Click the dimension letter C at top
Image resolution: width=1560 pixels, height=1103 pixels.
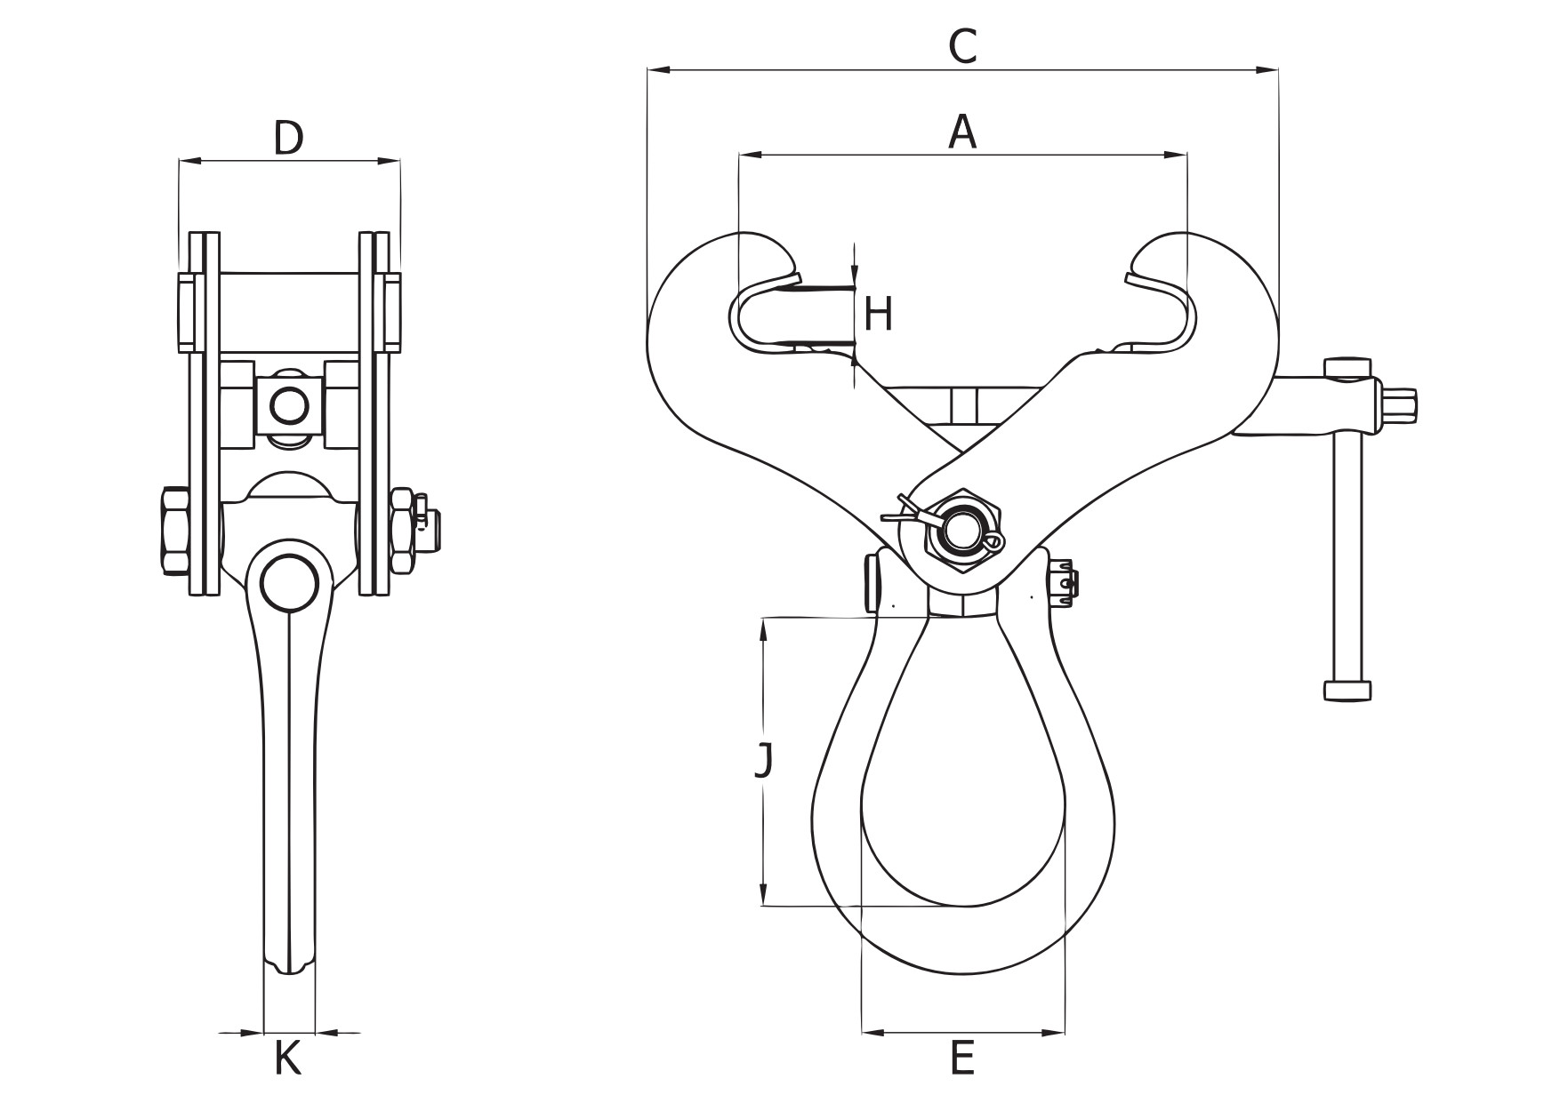pyautogui.click(x=962, y=46)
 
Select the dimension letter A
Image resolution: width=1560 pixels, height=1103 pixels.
pyautogui.click(x=962, y=132)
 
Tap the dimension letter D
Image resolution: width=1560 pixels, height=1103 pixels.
pyautogui.click(x=287, y=138)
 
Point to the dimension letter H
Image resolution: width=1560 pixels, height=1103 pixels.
pyautogui.click(x=878, y=315)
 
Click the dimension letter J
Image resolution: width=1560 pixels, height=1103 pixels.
pyautogui.click(x=763, y=761)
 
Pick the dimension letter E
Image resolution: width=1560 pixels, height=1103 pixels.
pyautogui.click(x=962, y=1059)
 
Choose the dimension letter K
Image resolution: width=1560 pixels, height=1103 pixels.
pyautogui.click(x=287, y=1059)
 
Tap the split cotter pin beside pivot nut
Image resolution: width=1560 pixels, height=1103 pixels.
pyautogui.click(x=900, y=512)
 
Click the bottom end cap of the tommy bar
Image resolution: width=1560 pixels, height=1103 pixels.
pyautogui.click(x=1347, y=690)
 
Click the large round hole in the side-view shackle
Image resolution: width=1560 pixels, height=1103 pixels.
pyautogui.click(x=289, y=582)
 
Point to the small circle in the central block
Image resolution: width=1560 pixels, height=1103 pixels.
pyautogui.click(x=290, y=406)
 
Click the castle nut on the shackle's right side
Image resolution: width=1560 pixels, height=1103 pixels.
pyautogui.click(x=1065, y=581)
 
